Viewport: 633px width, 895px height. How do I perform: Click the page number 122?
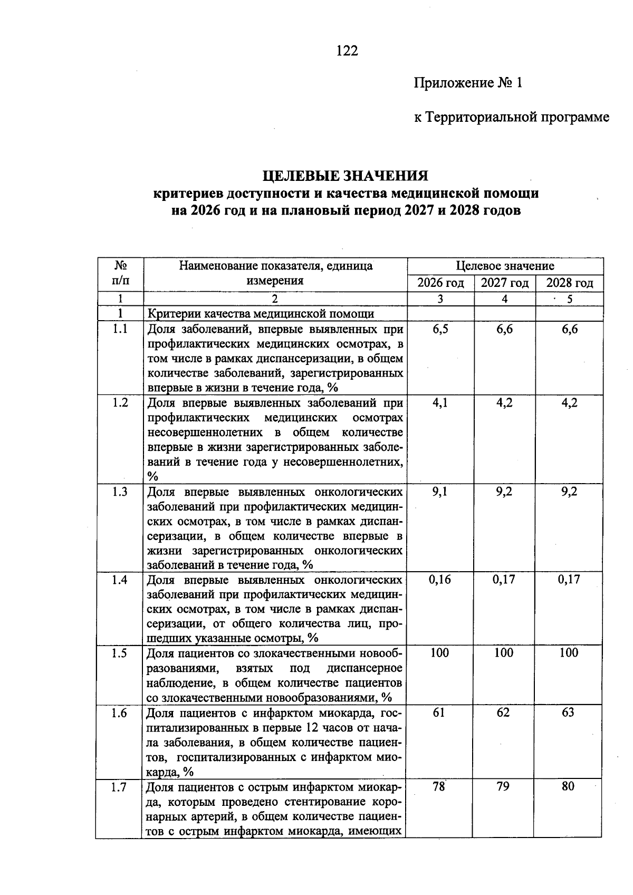pyautogui.click(x=347, y=51)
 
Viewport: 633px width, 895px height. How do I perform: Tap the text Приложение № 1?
pyautogui.click(x=468, y=83)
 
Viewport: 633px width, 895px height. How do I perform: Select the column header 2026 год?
pyautogui.click(x=440, y=283)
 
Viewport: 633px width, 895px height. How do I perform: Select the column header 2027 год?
pyautogui.click(x=504, y=283)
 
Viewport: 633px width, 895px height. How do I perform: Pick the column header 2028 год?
pyautogui.click(x=569, y=283)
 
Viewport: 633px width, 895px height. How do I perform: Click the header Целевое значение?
pyautogui.click(x=505, y=266)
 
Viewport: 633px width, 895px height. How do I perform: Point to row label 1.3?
pyautogui.click(x=120, y=492)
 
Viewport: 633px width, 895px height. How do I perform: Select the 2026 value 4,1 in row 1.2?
pyautogui.click(x=440, y=403)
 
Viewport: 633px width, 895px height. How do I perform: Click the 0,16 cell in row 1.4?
pyautogui.click(x=439, y=580)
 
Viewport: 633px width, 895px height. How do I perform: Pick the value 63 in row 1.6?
pyautogui.click(x=568, y=713)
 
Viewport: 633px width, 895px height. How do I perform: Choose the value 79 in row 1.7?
pyautogui.click(x=503, y=786)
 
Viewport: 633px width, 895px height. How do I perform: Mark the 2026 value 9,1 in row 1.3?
pyautogui.click(x=440, y=492)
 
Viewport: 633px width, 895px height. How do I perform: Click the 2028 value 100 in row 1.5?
pyautogui.click(x=569, y=653)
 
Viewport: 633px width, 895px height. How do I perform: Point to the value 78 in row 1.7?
pyautogui.click(x=439, y=786)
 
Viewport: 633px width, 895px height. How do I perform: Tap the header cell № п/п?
pyautogui.click(x=120, y=273)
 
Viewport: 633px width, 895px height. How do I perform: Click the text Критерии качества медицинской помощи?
pyautogui.click(x=261, y=314)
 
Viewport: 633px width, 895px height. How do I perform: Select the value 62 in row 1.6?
pyautogui.click(x=503, y=713)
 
